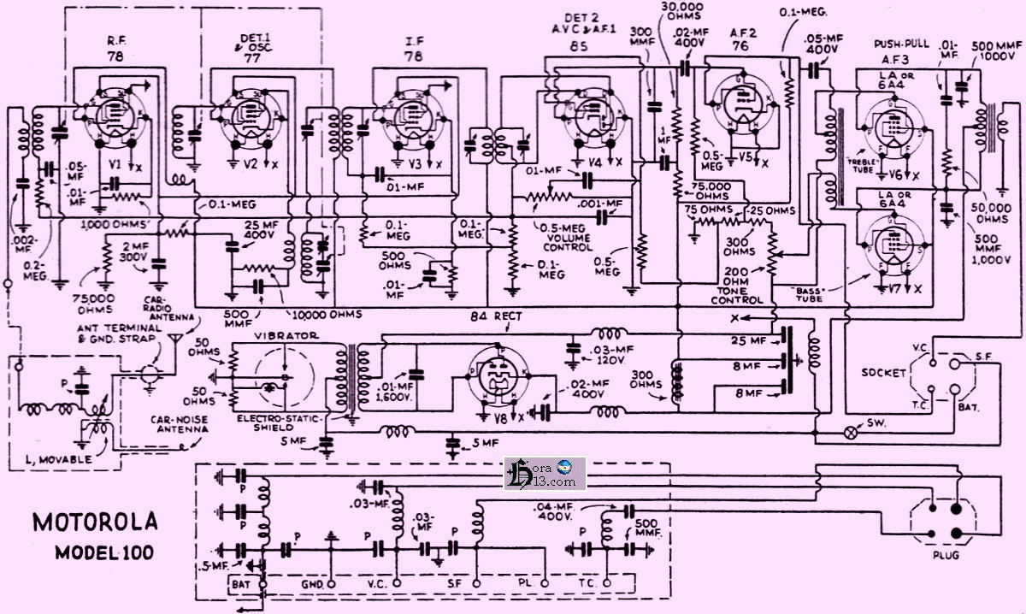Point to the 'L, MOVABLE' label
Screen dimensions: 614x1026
61,459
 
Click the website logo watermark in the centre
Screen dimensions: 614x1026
545,473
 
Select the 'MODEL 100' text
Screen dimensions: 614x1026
103,552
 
